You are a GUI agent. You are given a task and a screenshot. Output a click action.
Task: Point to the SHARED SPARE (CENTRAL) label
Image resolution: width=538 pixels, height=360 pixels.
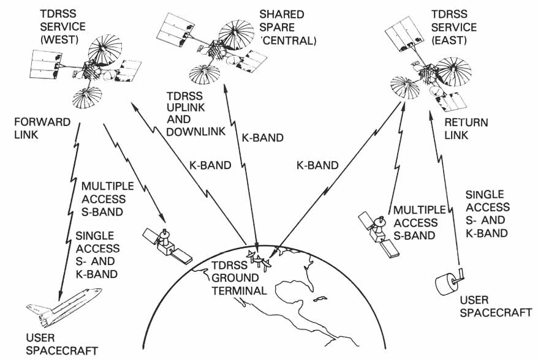(287, 28)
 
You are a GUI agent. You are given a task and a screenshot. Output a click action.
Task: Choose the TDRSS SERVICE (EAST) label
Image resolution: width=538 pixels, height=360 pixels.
(453, 28)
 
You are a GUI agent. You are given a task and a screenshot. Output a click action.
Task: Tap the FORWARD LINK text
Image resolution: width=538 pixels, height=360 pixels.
(42, 128)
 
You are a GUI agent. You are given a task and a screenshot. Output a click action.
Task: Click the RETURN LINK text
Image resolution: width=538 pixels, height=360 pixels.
(466, 129)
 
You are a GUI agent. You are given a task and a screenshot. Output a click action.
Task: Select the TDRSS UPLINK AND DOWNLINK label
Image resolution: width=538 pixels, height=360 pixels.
(196, 113)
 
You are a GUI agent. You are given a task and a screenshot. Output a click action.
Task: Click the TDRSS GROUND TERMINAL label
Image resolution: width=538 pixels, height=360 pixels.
(239, 278)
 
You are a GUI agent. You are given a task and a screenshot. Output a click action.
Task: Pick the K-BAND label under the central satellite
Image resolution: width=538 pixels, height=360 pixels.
(263, 138)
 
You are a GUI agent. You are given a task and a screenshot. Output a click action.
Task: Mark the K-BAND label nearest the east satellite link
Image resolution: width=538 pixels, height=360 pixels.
(317, 165)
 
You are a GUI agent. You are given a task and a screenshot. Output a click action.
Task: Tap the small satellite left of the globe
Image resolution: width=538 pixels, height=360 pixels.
(167, 246)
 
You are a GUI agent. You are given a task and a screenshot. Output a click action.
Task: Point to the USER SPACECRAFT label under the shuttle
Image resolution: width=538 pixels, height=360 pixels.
(62, 344)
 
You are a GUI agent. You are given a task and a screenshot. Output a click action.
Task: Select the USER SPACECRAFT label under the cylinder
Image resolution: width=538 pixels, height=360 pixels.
(496, 307)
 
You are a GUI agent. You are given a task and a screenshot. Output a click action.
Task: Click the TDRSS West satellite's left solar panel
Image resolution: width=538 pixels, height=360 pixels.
(45, 65)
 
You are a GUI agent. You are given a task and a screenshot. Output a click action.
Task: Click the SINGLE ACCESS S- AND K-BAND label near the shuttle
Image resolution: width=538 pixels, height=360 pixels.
(97, 255)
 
